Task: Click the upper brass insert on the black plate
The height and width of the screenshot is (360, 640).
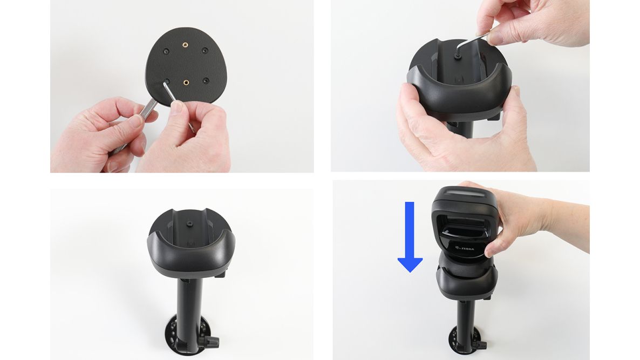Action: [185, 44]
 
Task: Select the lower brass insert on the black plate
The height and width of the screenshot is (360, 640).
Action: [186, 83]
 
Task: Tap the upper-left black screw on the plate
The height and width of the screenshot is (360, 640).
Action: [166, 51]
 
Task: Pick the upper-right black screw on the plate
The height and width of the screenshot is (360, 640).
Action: [205, 51]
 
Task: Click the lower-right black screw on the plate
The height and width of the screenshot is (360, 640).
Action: [206, 80]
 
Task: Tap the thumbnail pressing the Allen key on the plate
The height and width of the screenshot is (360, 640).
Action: [177, 107]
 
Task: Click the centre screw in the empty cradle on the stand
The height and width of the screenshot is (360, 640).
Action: [191, 224]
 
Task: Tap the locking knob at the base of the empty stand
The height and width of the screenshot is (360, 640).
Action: [212, 341]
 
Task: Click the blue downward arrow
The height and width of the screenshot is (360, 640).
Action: [410, 237]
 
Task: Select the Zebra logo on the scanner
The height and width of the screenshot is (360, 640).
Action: [464, 247]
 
